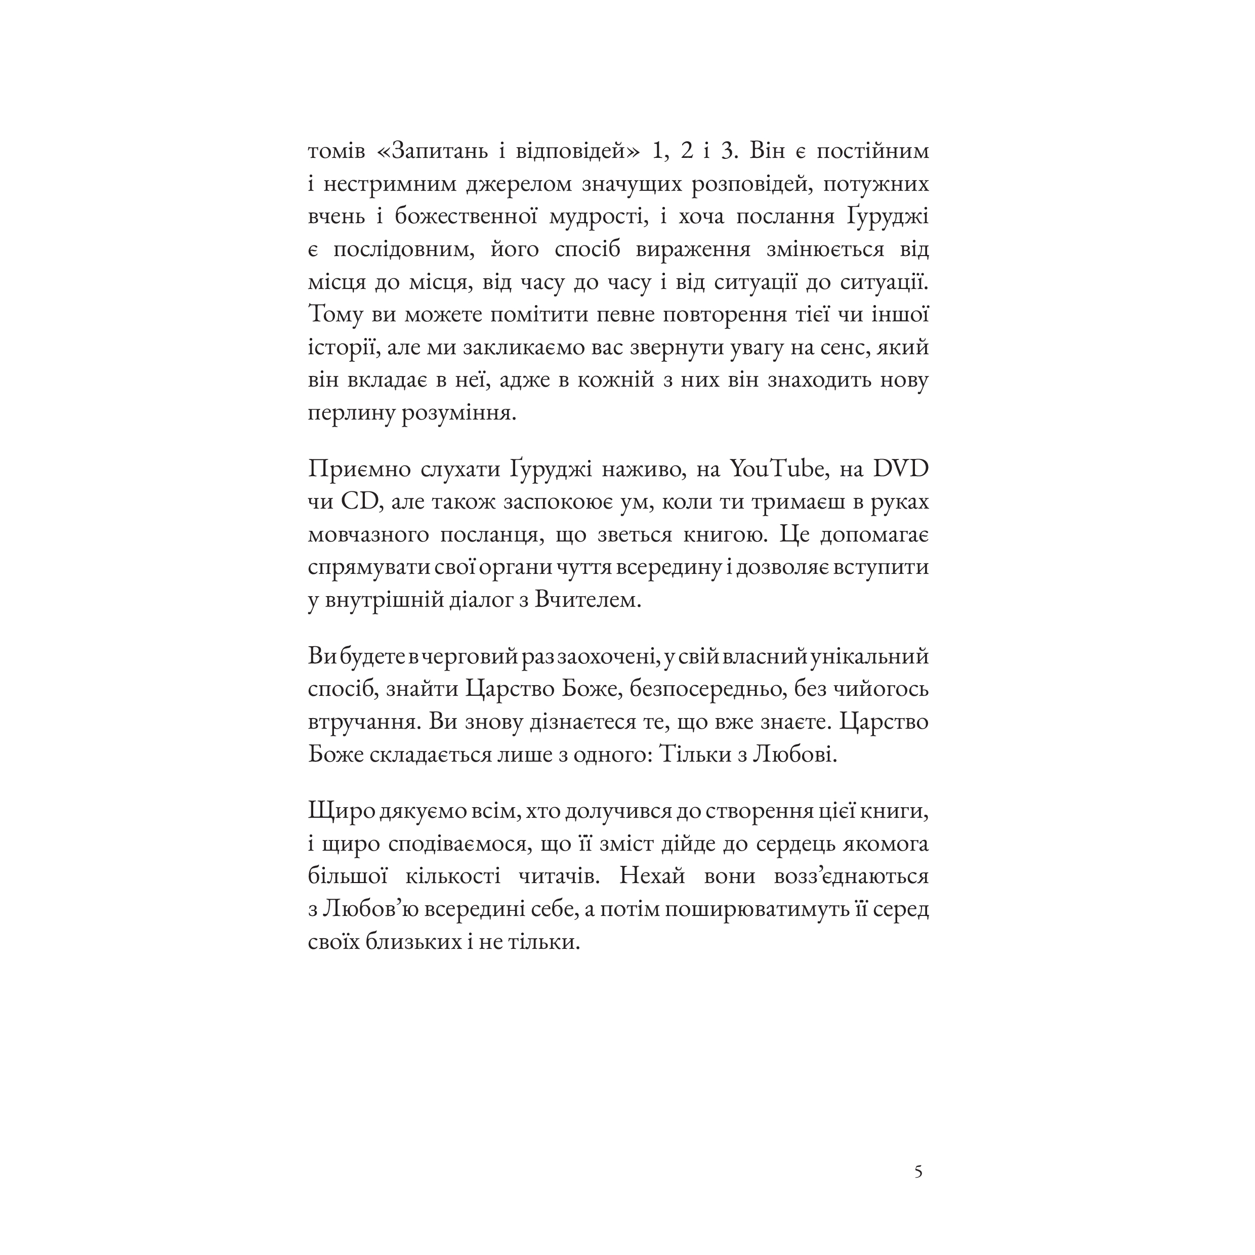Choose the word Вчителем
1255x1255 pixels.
pyautogui.click(x=588, y=600)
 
